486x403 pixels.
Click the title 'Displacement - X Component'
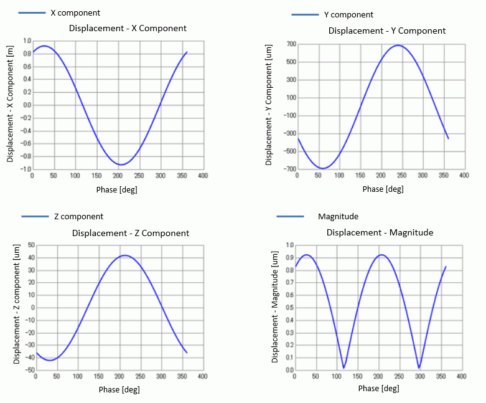[128, 28]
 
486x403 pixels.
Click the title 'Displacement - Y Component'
[387, 31]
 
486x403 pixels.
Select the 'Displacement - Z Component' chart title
[131, 233]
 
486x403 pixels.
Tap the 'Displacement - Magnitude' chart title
[380, 232]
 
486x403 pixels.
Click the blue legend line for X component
[32, 12]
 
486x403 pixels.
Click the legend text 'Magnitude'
[338, 216]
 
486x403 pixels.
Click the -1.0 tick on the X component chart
[25, 169]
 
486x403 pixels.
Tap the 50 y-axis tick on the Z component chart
[28, 245]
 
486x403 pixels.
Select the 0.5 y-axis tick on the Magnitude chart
[289, 308]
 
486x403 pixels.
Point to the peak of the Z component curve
[126, 255]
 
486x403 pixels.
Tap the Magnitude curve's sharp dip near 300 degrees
[419, 367]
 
